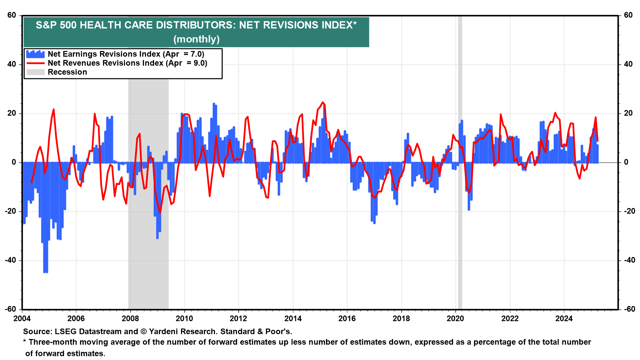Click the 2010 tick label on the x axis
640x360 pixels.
(184, 319)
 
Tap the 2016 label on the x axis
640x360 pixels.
(347, 319)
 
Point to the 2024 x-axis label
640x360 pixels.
(564, 319)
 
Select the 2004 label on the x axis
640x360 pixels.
(22, 319)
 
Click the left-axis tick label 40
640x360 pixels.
(12, 64)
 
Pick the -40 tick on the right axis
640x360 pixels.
(628, 260)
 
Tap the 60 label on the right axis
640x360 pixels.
(628, 15)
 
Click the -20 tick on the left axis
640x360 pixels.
(11, 211)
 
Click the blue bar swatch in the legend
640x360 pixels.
(35, 54)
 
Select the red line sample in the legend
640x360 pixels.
(35, 63)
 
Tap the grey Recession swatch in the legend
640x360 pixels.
(35, 72)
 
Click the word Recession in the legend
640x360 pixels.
(67, 72)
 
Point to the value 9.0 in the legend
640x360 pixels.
(200, 63)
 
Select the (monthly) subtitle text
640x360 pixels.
(196, 39)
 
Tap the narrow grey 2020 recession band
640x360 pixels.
(460, 200)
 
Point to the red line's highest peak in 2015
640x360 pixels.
(322, 102)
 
